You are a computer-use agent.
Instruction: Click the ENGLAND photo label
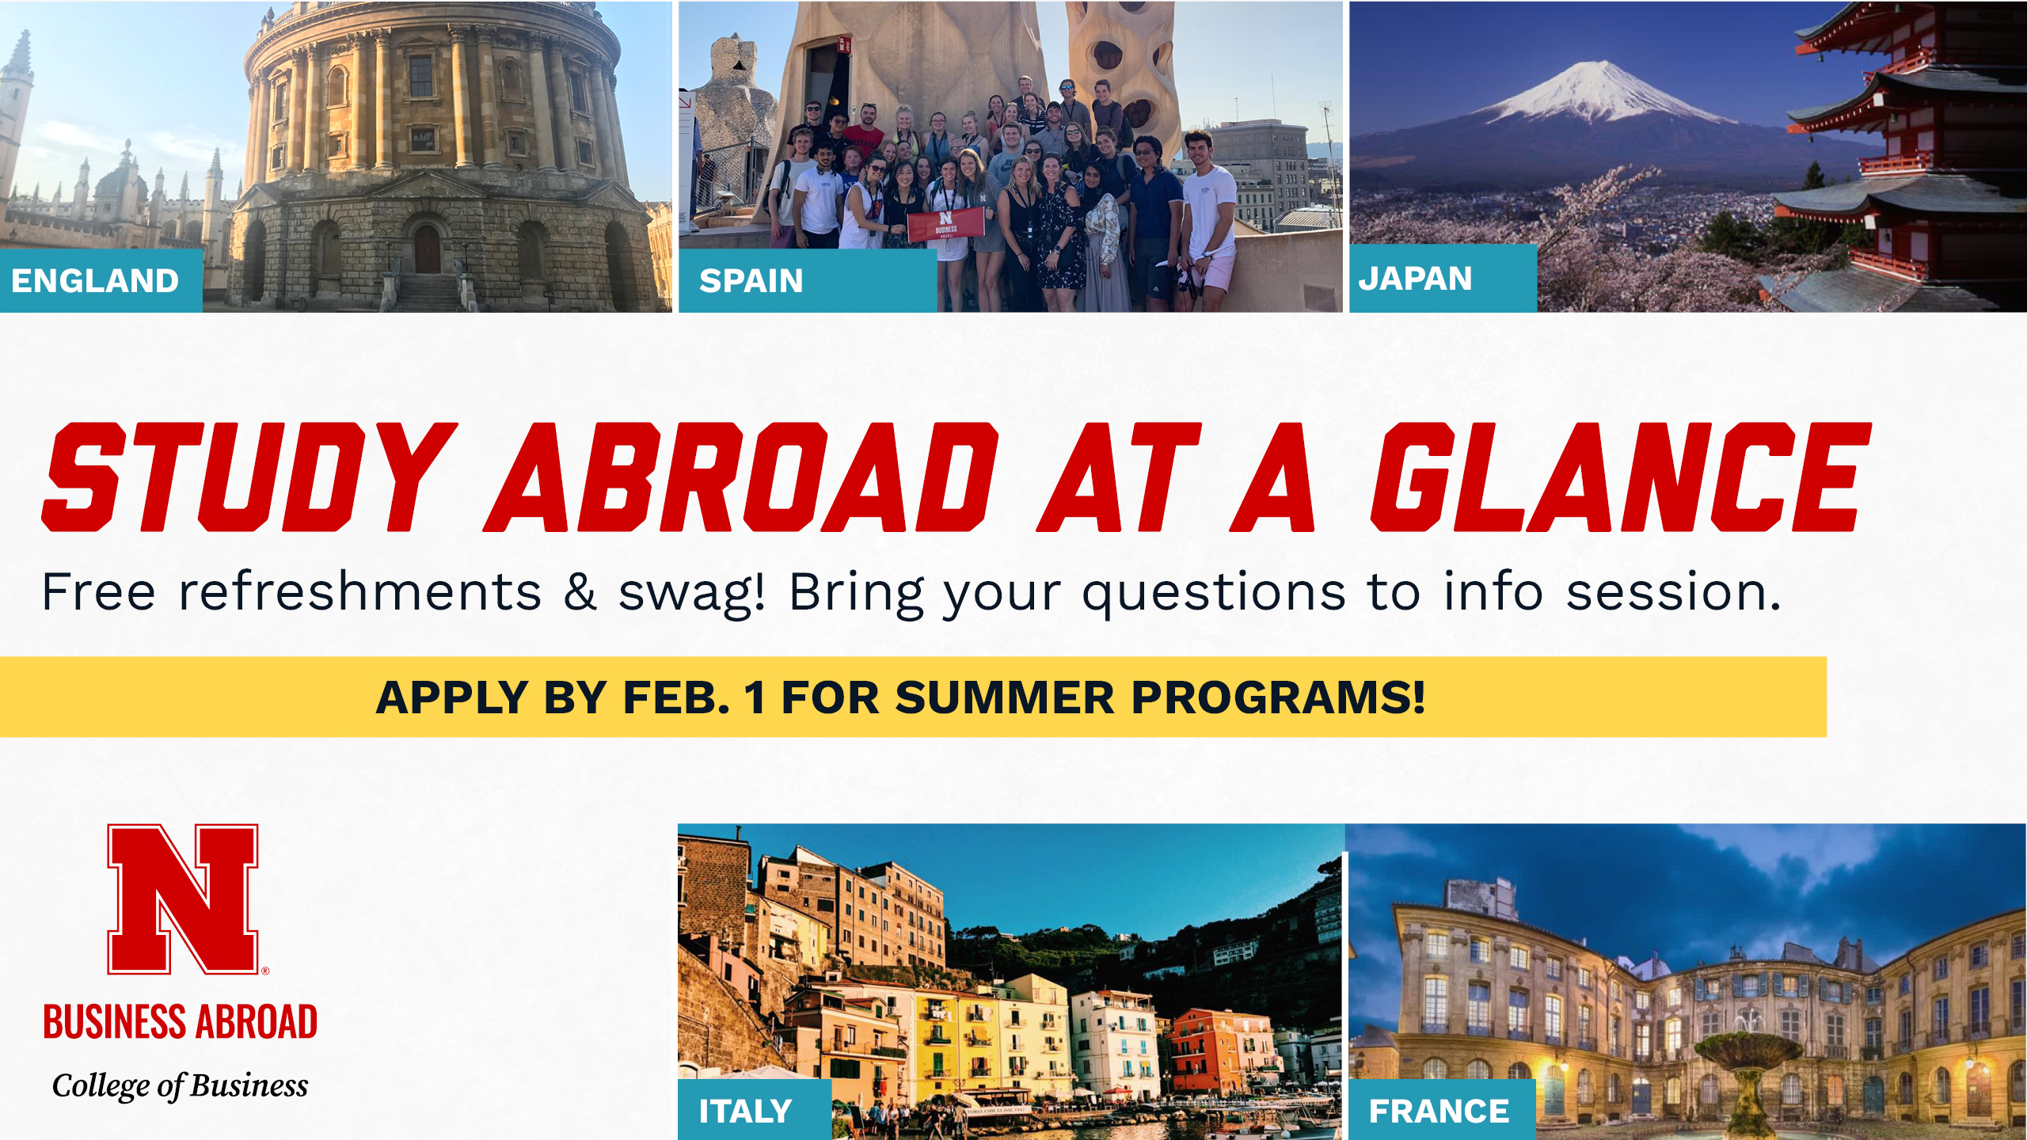95,281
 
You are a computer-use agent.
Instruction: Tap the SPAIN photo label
751,281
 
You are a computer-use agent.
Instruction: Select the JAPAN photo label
1415,279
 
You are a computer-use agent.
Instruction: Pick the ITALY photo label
745,1111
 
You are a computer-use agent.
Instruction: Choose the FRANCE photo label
1439,1111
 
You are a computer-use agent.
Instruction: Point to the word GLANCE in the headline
1620,477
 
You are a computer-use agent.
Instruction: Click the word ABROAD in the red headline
741,477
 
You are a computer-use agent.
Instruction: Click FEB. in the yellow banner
676,697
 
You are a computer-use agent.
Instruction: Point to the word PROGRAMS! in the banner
1278,697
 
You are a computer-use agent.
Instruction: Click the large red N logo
183,899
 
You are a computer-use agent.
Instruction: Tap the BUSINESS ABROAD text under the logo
181,1021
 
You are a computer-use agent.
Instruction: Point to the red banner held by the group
946,224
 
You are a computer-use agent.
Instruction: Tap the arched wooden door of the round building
427,249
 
